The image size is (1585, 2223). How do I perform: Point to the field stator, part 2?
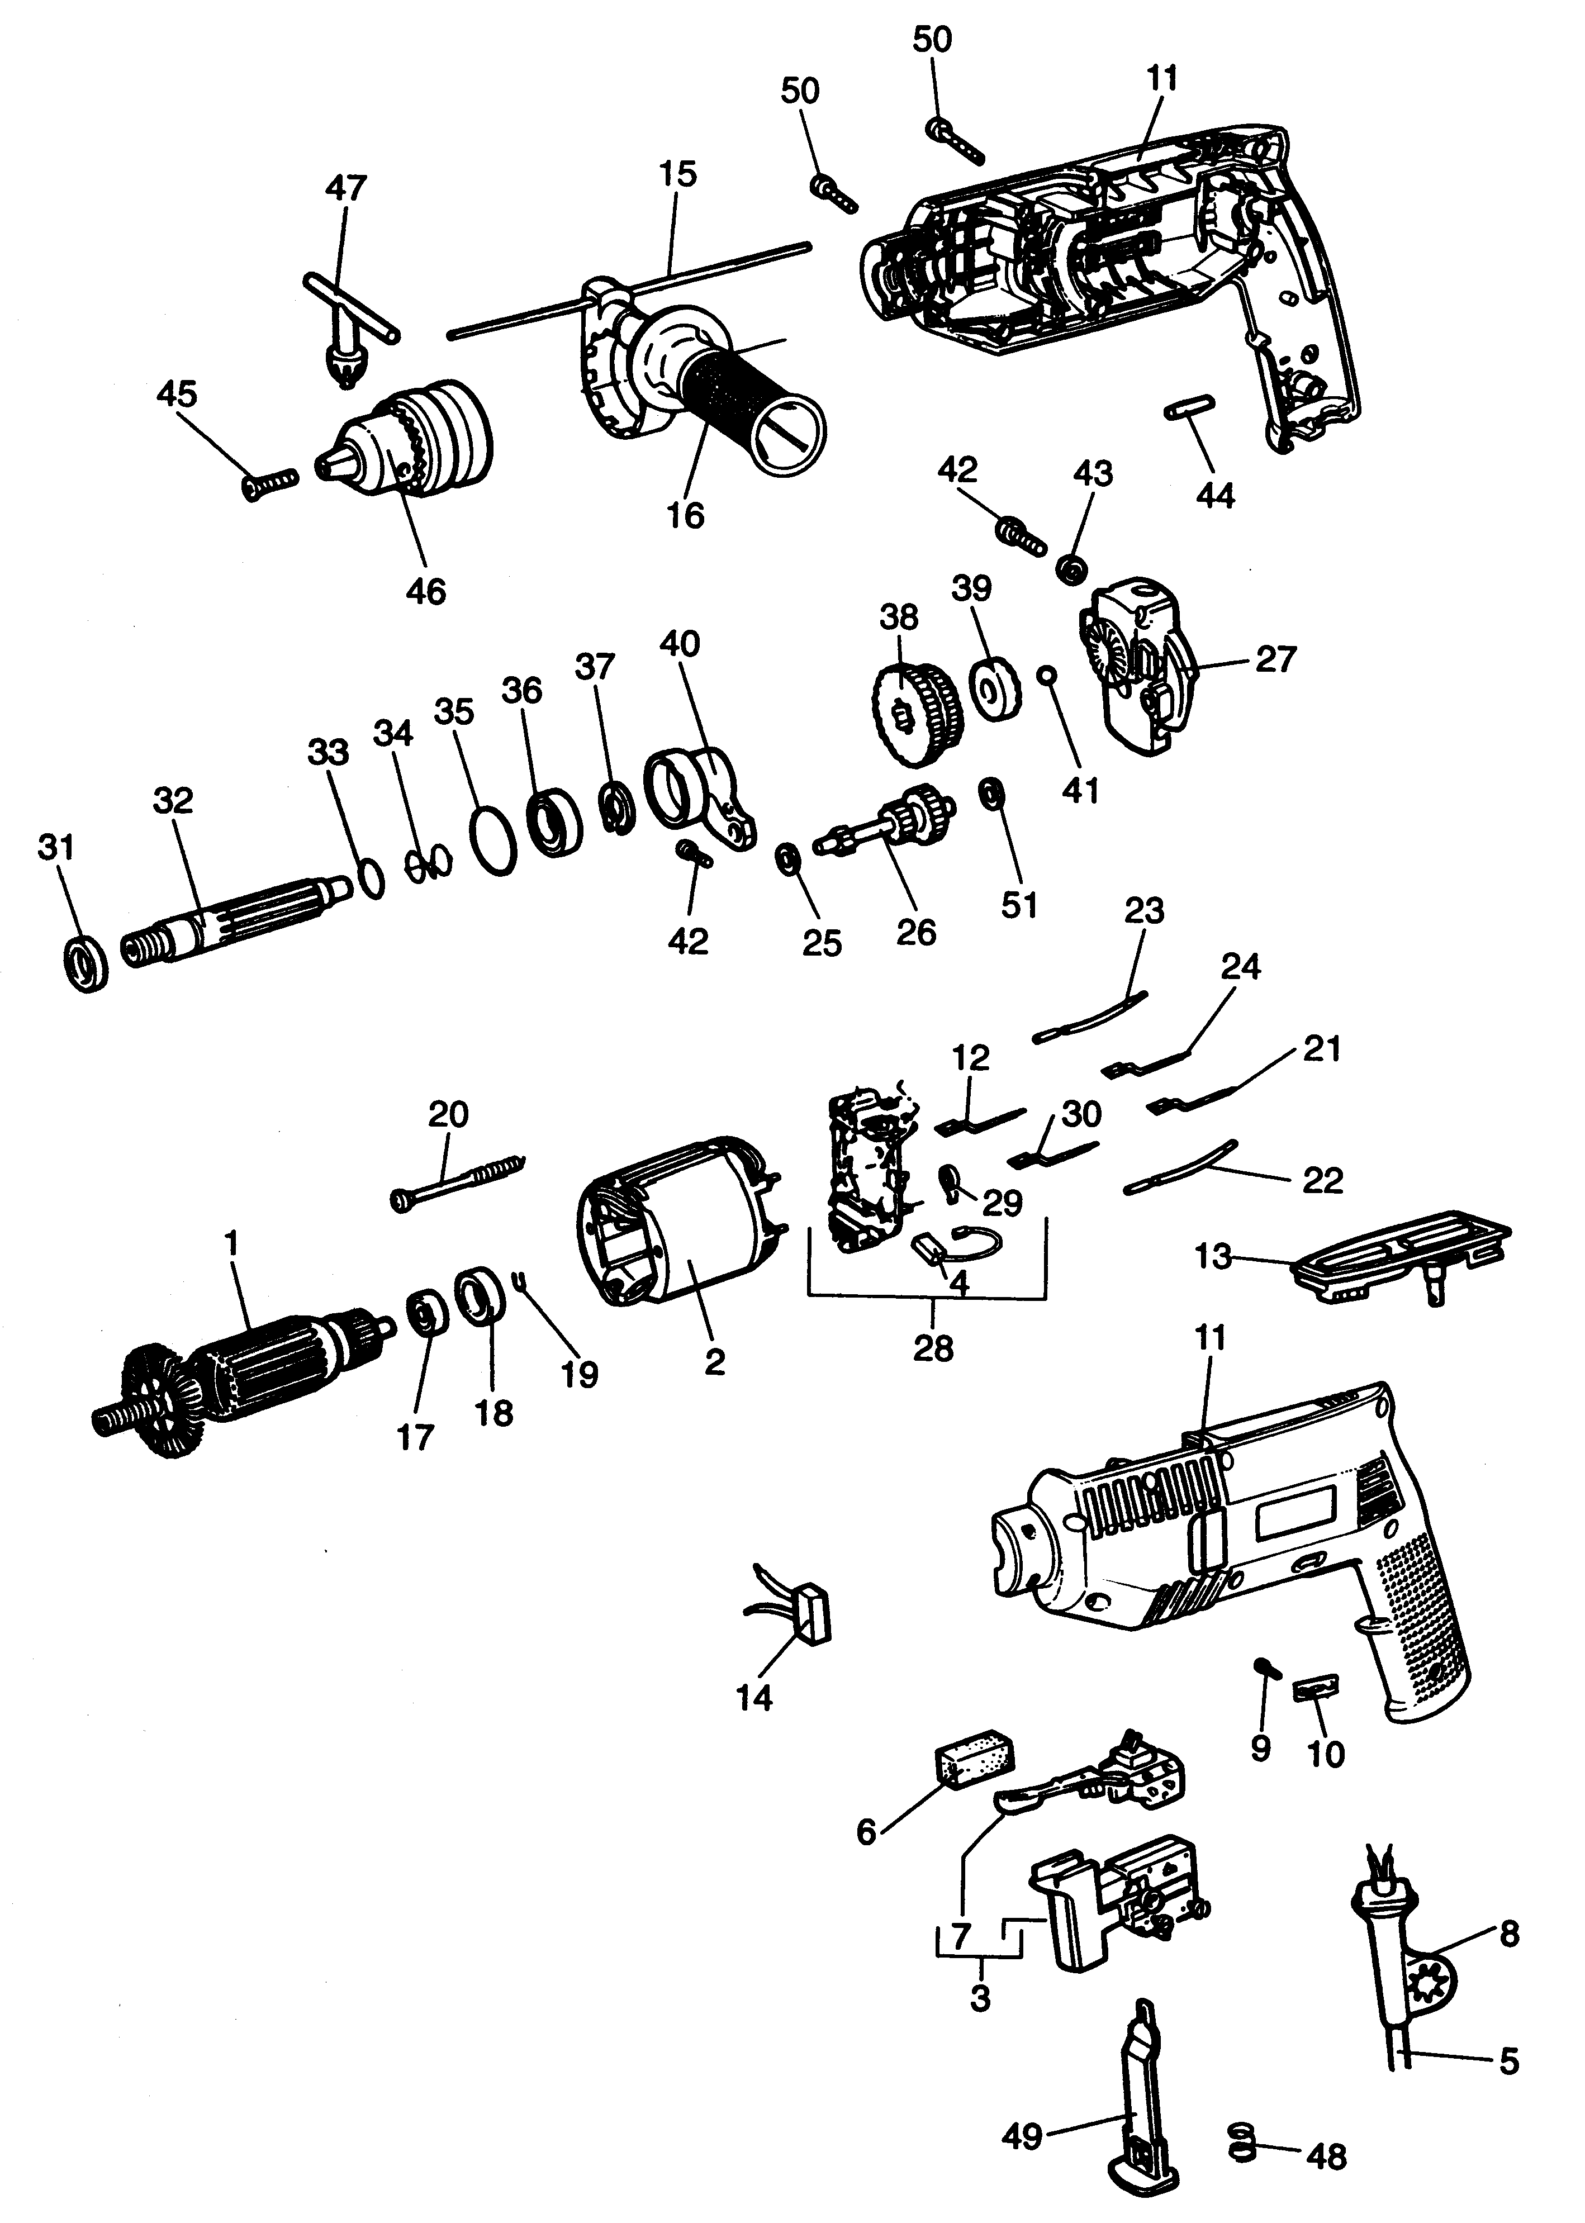tap(683, 1229)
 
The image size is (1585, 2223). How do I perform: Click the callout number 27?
tap(1275, 659)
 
